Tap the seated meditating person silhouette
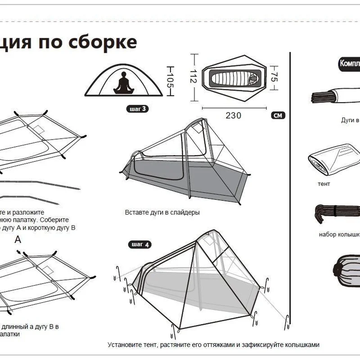point(123,83)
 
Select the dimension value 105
point(170,81)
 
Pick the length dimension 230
point(234,116)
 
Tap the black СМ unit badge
point(278,116)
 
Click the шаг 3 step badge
point(137,108)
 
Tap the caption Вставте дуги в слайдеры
point(162,212)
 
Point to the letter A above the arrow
point(18,239)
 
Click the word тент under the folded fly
point(324,184)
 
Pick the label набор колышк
point(339,234)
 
